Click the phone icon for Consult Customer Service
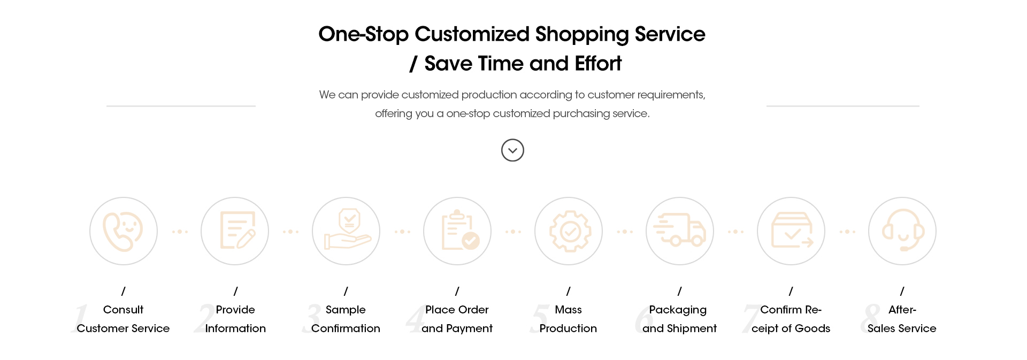pyautogui.click(x=123, y=231)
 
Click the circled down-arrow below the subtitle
pyautogui.click(x=512, y=150)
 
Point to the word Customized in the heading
pyautogui.click(x=472, y=34)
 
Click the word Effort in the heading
pyautogui.click(x=598, y=64)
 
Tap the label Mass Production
pyautogui.click(x=568, y=319)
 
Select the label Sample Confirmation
pyautogui.click(x=346, y=319)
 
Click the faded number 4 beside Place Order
pyautogui.click(x=415, y=319)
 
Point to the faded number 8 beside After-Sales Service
pyautogui.click(x=870, y=319)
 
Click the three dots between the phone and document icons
pyautogui.click(x=180, y=232)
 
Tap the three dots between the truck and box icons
pyautogui.click(x=735, y=232)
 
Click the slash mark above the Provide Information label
pyautogui.click(x=235, y=291)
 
